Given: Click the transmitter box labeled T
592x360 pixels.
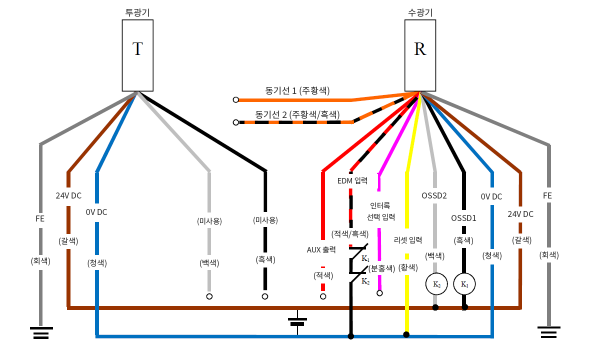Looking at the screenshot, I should [x=137, y=55].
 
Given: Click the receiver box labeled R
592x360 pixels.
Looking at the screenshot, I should [x=420, y=55].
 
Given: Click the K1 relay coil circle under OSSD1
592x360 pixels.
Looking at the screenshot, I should [x=464, y=284].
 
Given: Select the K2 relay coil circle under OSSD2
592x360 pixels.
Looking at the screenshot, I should [x=436, y=284].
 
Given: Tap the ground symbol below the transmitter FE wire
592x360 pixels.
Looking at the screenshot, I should [x=41, y=331].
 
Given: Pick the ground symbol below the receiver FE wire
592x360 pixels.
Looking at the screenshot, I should [x=549, y=331].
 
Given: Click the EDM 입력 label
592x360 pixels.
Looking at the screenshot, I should [x=352, y=180].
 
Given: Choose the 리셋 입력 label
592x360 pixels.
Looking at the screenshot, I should [x=408, y=240].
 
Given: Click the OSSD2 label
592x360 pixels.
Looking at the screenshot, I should [x=434, y=196].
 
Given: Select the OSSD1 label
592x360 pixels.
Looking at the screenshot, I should [x=463, y=218].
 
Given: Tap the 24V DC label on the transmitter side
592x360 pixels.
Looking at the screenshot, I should [x=68, y=196].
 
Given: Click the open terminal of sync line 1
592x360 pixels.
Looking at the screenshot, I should [x=235, y=99].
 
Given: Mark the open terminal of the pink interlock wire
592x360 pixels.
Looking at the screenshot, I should [x=379, y=293].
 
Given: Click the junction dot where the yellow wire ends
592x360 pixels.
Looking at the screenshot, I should [x=406, y=334].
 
